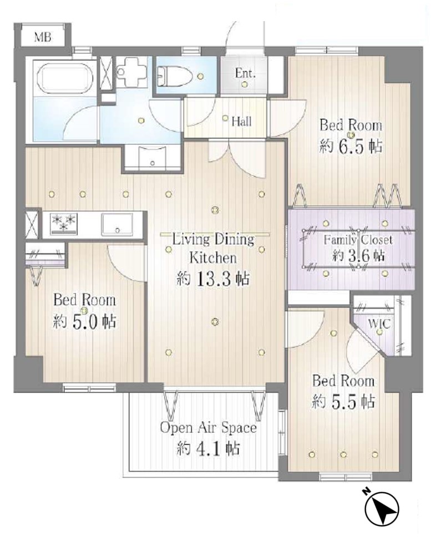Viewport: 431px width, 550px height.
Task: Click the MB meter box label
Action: pyautogui.click(x=42, y=37)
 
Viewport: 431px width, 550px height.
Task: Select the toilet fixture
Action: pyautogui.click(x=174, y=76)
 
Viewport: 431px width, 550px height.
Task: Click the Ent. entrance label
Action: pyautogui.click(x=245, y=73)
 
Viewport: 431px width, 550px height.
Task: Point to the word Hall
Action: pyautogui.click(x=242, y=122)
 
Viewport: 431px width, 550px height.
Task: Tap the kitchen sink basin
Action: pyautogui.click(x=117, y=224)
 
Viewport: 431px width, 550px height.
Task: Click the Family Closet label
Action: pyautogui.click(x=358, y=240)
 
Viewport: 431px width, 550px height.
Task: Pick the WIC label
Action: pyautogui.click(x=379, y=323)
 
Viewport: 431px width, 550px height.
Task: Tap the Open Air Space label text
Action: pyautogui.click(x=209, y=427)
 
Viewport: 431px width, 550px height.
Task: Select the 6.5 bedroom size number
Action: pyautogui.click(x=351, y=147)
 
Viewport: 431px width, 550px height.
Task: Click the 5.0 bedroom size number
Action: pyautogui.click(x=85, y=322)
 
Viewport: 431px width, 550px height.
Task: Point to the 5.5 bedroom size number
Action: pyautogui.click(x=344, y=402)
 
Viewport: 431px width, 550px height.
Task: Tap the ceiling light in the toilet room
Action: pyautogui.click(x=200, y=76)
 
